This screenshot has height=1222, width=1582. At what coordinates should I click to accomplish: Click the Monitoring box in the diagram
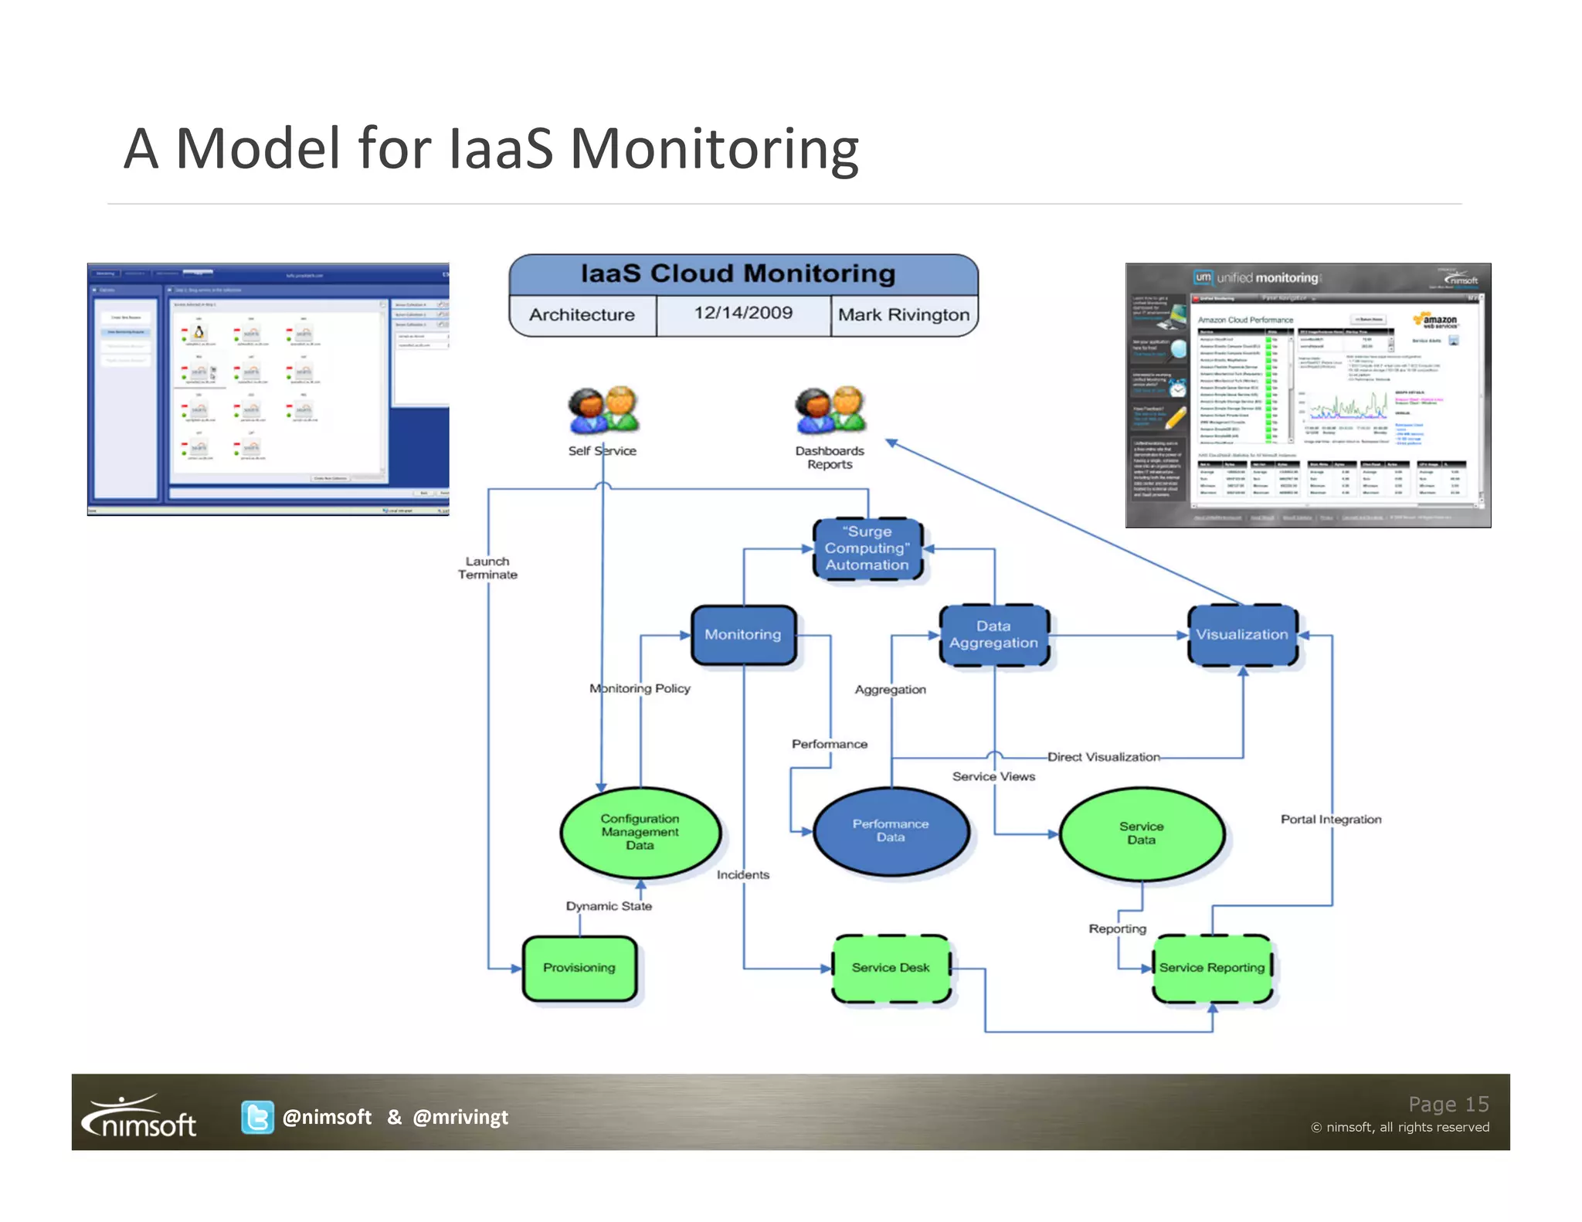coord(743,635)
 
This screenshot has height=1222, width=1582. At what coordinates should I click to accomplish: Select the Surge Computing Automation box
coord(867,548)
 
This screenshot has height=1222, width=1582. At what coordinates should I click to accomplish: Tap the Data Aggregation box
coord(993,635)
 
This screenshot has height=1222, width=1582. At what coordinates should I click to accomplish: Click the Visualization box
coord(1242,635)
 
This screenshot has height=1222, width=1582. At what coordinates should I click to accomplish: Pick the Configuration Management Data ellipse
coord(640,833)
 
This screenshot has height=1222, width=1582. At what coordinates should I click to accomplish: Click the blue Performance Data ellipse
coord(891,831)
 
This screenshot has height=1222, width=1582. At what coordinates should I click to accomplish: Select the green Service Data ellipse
coord(1141,833)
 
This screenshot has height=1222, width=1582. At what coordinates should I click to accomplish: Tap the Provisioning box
coord(579,968)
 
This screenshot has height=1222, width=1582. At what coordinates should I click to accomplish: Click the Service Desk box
coord(891,968)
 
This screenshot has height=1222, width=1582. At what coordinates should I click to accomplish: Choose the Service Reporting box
coord(1211,968)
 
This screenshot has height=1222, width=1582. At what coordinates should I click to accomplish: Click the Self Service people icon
coord(603,410)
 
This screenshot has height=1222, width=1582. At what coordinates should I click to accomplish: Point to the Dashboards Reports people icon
coord(830,410)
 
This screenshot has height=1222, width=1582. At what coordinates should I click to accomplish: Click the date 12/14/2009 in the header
coord(743,314)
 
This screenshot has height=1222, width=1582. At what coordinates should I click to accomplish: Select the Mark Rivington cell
coord(903,315)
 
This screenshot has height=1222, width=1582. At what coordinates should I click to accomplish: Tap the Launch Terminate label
coord(487,568)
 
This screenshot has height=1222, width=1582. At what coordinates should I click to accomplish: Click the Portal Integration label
coord(1330,820)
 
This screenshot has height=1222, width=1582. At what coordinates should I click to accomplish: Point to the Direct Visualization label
coord(1103,758)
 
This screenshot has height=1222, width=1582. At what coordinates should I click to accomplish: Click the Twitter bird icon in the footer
coord(257,1117)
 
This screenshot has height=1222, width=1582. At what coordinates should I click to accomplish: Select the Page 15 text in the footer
coord(1448,1104)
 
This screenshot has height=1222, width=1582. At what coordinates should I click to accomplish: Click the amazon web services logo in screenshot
coord(1435,320)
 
